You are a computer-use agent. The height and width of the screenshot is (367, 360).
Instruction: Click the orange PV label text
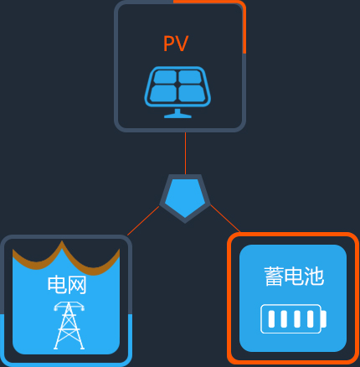coord(176,44)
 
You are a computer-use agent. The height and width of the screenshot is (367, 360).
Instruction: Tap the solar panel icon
coord(177,92)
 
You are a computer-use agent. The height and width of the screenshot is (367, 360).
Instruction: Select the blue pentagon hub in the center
coord(185,199)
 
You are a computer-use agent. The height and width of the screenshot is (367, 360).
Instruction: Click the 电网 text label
coord(67,285)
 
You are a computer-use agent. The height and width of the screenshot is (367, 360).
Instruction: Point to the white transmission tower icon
coord(69,325)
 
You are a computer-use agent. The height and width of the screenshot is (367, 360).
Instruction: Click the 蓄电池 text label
coord(294,277)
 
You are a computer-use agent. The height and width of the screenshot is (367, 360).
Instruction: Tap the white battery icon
coord(293,319)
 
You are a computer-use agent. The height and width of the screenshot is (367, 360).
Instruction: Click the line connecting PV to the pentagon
coord(185,153)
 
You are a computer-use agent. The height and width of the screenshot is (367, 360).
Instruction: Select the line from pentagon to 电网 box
coord(143,220)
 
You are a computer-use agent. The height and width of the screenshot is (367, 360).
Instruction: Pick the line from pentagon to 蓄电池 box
coord(225,219)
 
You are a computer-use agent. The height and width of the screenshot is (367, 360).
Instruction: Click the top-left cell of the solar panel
coord(165,77)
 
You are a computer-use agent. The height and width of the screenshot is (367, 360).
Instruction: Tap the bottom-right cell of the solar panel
coord(191,93)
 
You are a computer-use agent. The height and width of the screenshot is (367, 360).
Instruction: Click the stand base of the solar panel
coord(177,116)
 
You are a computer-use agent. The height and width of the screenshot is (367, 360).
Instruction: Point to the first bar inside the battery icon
coord(271,319)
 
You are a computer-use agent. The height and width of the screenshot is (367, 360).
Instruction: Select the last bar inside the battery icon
coord(310,319)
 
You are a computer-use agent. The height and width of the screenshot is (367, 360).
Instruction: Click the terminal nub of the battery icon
coord(324,319)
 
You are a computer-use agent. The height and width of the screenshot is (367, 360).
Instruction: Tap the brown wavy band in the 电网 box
coord(66,258)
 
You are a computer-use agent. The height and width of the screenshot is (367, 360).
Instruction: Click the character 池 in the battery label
coord(314,277)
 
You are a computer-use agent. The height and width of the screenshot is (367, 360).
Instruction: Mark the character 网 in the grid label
coord(77,285)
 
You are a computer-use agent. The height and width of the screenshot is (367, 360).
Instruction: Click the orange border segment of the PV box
coord(244,17)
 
